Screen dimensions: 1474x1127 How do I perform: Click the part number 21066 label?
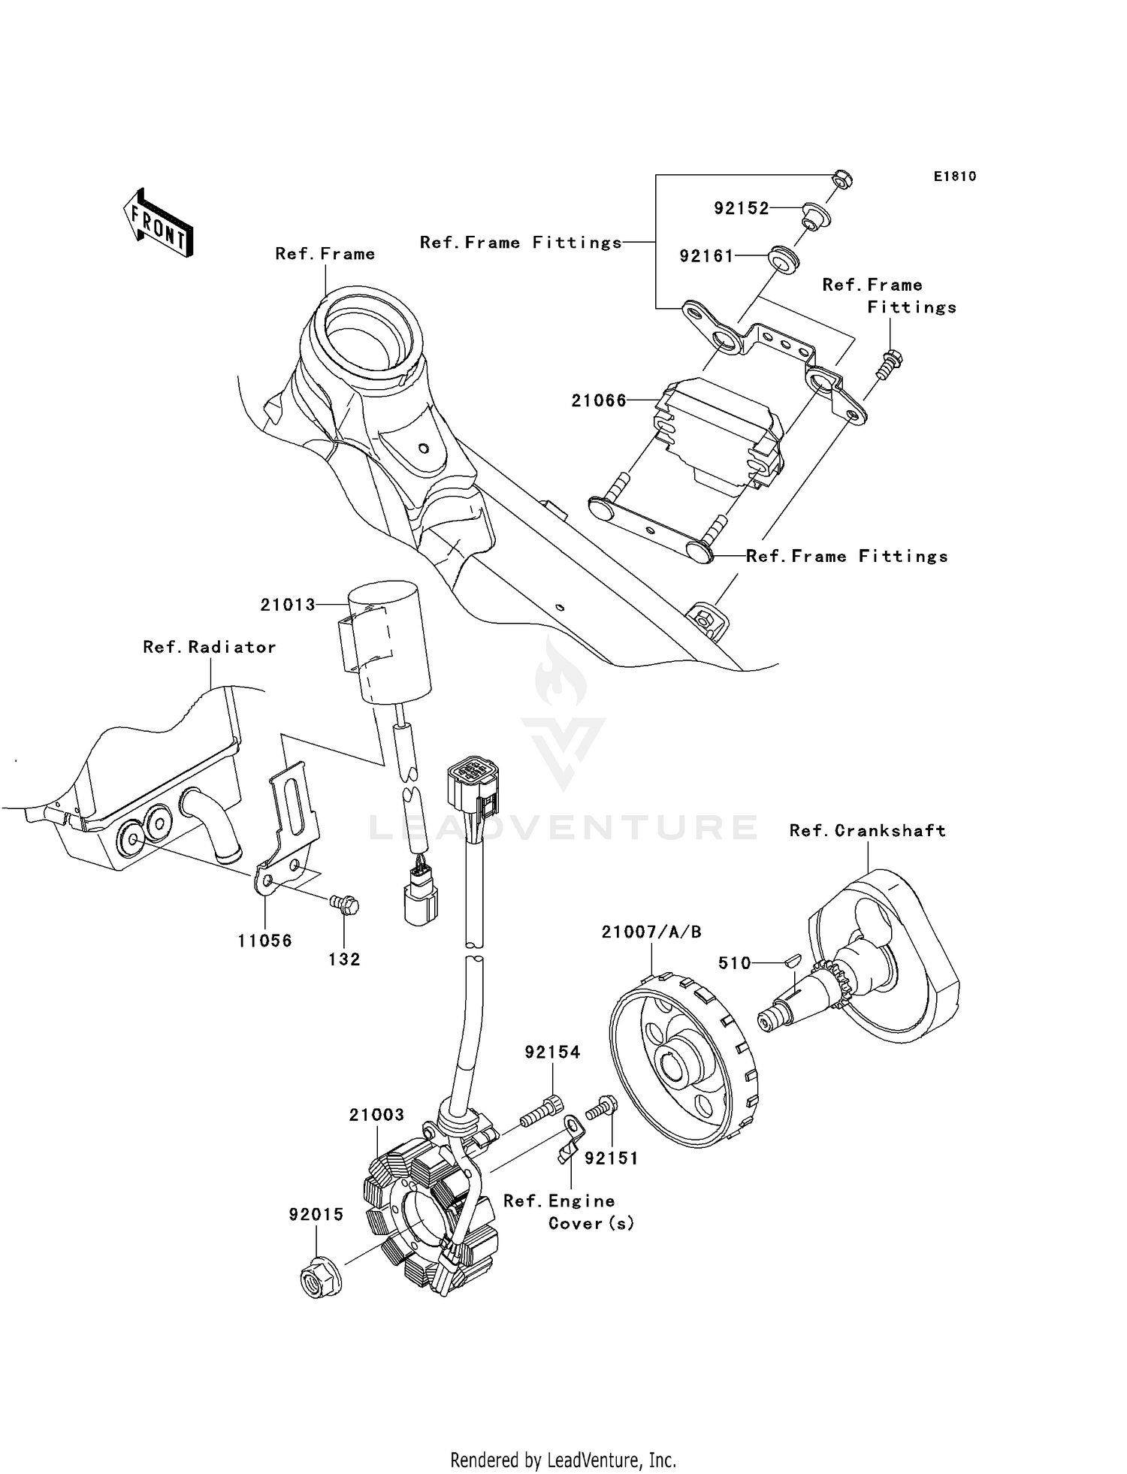click(x=598, y=400)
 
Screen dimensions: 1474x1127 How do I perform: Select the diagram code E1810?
click(x=954, y=177)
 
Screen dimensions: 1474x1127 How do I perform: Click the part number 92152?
click(x=741, y=208)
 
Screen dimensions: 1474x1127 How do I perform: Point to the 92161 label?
click(x=706, y=256)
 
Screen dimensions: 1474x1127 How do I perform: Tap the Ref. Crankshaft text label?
click(x=867, y=830)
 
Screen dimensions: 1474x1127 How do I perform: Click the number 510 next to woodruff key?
click(x=734, y=963)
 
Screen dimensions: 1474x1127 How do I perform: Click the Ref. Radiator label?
click(x=209, y=647)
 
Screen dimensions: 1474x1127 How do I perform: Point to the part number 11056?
click(x=264, y=941)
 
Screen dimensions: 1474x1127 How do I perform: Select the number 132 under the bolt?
click(x=344, y=959)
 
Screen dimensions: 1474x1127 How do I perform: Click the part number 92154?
click(x=552, y=1053)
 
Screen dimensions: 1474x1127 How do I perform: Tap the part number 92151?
click(x=611, y=1158)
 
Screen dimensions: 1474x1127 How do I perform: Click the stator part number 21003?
click(x=376, y=1115)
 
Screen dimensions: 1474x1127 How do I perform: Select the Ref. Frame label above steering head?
click(x=325, y=254)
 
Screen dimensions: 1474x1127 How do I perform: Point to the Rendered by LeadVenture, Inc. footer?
click(x=563, y=1460)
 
